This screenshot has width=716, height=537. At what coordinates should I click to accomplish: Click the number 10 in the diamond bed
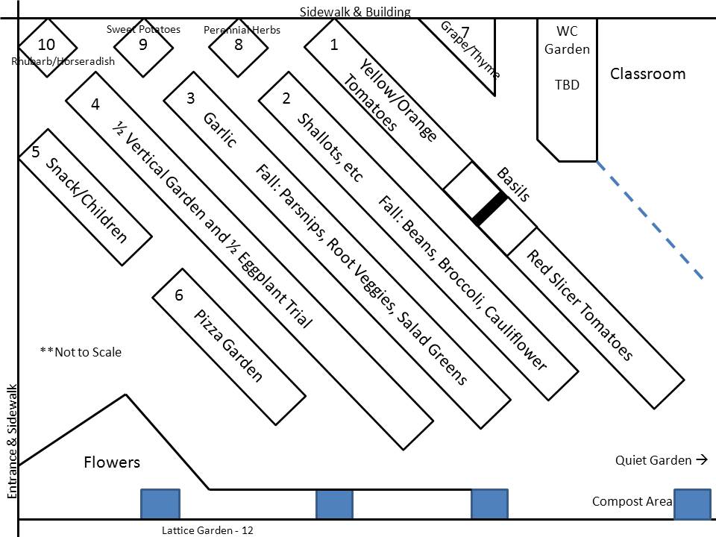coord(46,45)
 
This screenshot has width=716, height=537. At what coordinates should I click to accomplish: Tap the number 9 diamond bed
coord(143,45)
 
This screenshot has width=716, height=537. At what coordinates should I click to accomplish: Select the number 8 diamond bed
coord(238,45)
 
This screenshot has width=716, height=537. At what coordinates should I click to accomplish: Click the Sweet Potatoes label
coord(143,29)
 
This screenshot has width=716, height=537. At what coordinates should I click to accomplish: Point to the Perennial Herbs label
coord(242,30)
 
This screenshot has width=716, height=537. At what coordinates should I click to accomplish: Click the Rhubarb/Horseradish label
coord(63,61)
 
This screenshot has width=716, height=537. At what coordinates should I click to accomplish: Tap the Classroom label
coord(647,74)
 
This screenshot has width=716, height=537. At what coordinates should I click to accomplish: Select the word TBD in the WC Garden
coord(567,84)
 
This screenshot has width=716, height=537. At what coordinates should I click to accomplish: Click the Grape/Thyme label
coord(470,49)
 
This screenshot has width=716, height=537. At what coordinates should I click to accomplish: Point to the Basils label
coord(513,184)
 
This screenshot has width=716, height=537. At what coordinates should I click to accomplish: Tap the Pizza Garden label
coord(228,345)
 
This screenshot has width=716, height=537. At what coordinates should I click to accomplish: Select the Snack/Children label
coord(87,200)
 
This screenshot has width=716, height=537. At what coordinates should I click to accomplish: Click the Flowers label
coord(112,462)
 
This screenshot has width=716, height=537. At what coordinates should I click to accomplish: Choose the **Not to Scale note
coord(81,352)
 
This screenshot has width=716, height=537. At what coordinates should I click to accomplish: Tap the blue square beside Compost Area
coord(692,503)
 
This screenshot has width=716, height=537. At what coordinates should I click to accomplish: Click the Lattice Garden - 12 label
coord(207,530)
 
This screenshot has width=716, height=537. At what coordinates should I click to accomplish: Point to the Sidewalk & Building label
coord(355,11)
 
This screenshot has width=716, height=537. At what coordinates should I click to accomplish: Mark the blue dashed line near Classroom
coord(649,220)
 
